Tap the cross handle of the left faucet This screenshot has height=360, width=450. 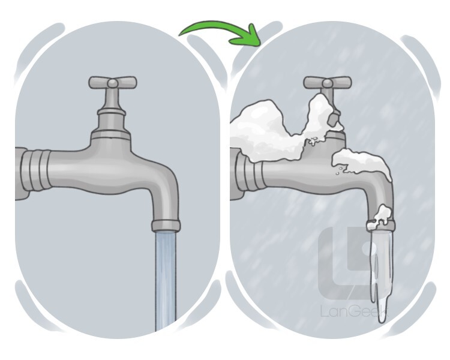tap(113, 82)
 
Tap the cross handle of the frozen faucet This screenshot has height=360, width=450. tap(328, 82)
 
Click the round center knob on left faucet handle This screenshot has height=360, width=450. tap(113, 83)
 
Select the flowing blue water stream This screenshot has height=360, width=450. tap(166, 281)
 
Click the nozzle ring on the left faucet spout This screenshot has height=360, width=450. tap(166, 226)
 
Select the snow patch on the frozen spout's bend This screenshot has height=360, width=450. tap(362, 164)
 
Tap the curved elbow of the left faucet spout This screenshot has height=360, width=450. tap(164, 184)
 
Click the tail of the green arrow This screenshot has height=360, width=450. tap(180, 34)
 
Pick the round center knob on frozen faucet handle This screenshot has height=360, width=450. tap(328, 83)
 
